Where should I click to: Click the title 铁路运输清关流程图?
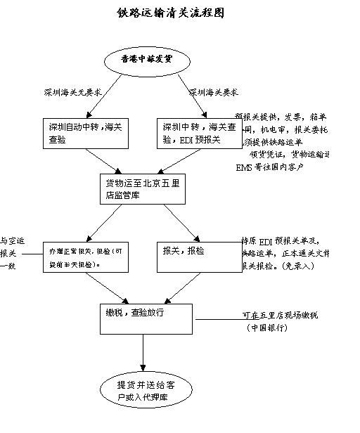click(x=171, y=13)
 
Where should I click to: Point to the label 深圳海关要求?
click(x=213, y=92)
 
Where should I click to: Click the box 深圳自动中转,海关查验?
click(x=86, y=133)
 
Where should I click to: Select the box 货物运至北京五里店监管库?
click(x=143, y=188)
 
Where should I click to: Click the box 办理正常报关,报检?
click(x=86, y=257)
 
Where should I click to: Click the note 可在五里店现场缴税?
click(x=279, y=316)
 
